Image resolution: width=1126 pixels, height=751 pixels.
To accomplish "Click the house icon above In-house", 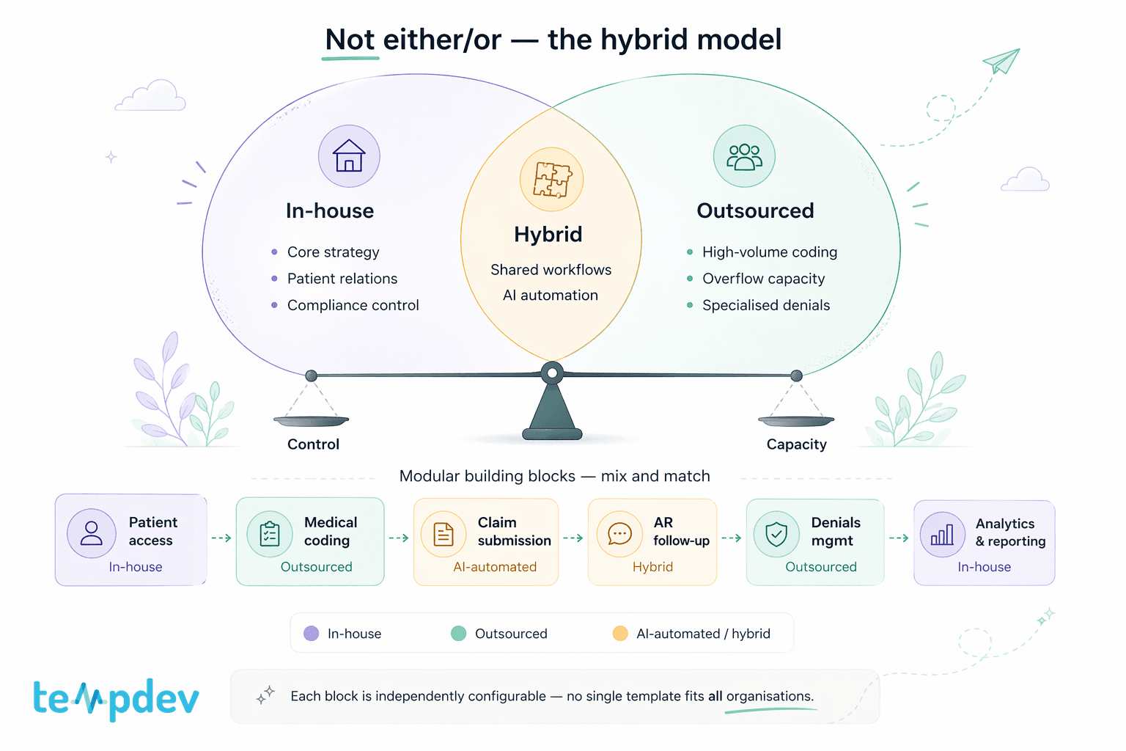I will [349, 156].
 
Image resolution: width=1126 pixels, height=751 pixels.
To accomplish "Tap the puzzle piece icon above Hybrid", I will [551, 180].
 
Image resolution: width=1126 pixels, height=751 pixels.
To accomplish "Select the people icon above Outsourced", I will [744, 156].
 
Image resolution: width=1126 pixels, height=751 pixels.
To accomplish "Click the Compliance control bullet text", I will [353, 305].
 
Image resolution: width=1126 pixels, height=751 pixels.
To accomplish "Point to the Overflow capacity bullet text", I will [763, 279].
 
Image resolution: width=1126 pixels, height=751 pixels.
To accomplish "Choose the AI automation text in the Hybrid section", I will [551, 296].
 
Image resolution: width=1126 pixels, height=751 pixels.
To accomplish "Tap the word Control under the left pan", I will [313, 444].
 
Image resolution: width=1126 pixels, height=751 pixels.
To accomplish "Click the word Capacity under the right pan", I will [796, 444].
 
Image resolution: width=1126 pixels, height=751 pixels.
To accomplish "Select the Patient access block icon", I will [92, 533].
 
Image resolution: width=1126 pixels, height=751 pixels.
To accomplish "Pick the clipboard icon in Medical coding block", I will [270, 535].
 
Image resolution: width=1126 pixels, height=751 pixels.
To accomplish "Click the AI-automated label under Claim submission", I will [495, 567].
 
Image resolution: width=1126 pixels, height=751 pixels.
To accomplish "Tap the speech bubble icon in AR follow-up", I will [619, 534].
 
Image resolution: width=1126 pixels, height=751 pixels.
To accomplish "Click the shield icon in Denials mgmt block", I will [776, 535].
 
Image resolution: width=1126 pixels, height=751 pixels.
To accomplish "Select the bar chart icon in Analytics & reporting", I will [942, 535].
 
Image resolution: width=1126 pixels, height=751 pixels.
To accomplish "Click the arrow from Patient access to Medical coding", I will [221, 538].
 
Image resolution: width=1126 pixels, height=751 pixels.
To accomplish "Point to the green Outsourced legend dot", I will [459, 634].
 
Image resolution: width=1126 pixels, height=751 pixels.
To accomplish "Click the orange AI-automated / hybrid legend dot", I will [620, 634].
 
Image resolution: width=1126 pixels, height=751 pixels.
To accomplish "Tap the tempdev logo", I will [116, 698].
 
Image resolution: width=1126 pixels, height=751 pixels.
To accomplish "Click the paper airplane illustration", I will [1001, 61].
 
